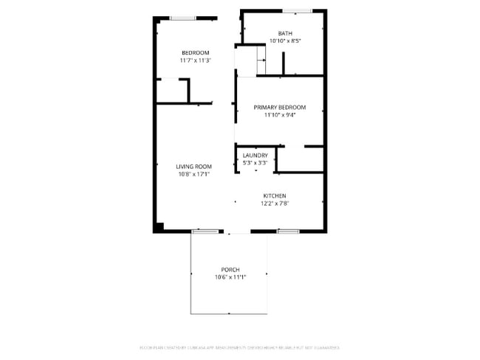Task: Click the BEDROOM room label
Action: coord(196,52)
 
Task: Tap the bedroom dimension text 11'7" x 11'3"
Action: coord(196,61)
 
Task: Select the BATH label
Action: coord(285,33)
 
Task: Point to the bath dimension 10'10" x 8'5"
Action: coord(285,41)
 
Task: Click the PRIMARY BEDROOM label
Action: coord(279,108)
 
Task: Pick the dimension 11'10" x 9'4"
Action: coord(279,116)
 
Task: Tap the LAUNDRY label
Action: coord(255,156)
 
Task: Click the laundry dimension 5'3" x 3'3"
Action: coord(255,163)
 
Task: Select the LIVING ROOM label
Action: coord(194,167)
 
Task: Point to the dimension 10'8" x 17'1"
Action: coord(194,175)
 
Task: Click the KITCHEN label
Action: coord(274,195)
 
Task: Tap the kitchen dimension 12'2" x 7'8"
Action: coord(274,204)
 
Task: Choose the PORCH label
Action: coord(230,269)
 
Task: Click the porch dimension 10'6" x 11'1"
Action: coord(230,277)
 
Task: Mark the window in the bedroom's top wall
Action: coord(183,18)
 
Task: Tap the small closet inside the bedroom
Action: coord(171,90)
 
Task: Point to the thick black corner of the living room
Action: coord(158,226)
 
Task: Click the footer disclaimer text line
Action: coord(239,347)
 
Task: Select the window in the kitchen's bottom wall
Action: coord(287,232)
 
